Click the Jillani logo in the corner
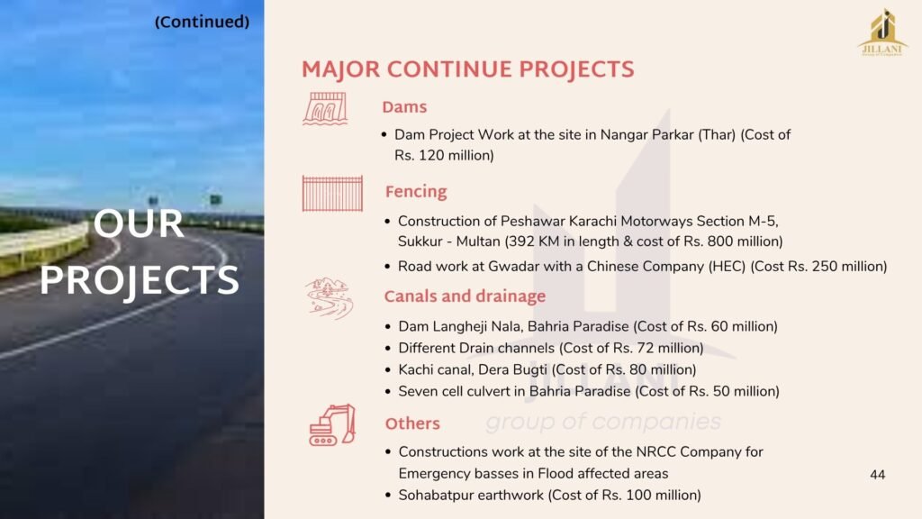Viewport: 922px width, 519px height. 882,32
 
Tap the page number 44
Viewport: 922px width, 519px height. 877,475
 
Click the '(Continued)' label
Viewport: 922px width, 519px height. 202,23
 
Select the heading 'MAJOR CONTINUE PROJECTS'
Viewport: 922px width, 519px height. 468,69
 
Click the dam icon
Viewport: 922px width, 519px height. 325,108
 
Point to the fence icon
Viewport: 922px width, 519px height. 332,193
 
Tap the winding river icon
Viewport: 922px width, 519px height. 329,298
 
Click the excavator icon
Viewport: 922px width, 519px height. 332,425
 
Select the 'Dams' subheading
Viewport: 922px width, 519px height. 404,107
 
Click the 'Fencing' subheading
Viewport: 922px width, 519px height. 416,192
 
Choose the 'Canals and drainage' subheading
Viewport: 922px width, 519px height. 465,296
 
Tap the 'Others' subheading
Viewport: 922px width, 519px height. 412,423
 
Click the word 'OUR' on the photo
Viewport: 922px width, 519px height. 139,223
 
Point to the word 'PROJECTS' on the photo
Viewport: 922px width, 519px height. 140,280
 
